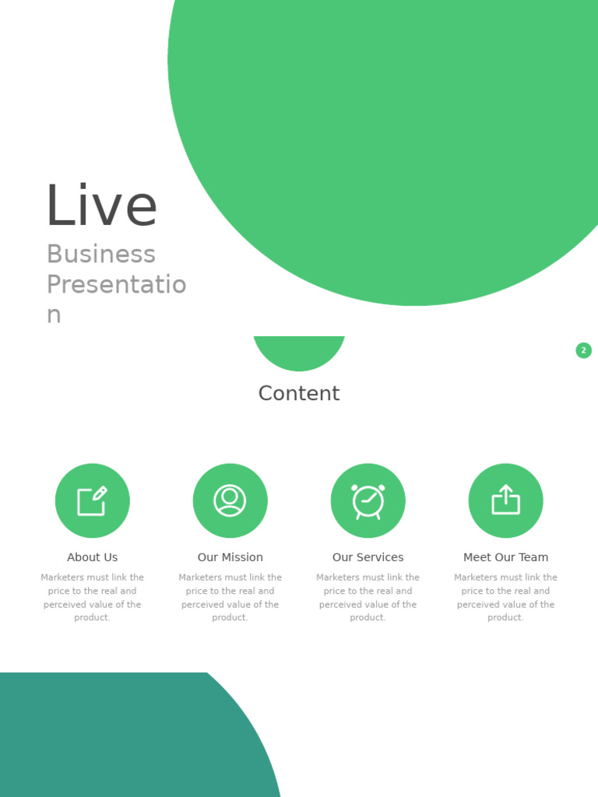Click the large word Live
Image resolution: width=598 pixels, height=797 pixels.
[x=101, y=206]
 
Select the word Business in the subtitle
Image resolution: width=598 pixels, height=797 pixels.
[x=101, y=255]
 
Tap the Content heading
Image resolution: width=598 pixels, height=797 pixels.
[x=299, y=394]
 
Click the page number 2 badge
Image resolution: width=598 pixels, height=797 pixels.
[x=583, y=350]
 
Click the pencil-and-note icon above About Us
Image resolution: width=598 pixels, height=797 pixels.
[x=93, y=500]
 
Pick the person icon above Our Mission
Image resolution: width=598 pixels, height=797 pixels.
[x=230, y=500]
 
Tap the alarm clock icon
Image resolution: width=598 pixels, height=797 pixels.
[x=368, y=500]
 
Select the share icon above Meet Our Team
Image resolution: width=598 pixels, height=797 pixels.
[x=505, y=500]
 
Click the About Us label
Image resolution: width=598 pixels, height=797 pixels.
[x=93, y=557]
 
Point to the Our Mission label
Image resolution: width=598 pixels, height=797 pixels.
[x=230, y=557]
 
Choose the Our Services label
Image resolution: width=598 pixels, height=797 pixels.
[x=368, y=557]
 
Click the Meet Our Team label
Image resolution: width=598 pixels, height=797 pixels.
[x=505, y=557]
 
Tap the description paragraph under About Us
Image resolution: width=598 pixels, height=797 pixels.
[x=93, y=597]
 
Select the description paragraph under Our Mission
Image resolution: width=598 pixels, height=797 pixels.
[x=230, y=597]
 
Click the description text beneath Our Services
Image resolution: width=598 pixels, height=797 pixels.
[x=368, y=597]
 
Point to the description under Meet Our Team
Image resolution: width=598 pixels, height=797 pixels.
[x=505, y=597]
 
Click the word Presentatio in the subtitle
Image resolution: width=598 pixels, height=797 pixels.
[x=116, y=285]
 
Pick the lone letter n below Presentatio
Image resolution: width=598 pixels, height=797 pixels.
[x=54, y=315]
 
